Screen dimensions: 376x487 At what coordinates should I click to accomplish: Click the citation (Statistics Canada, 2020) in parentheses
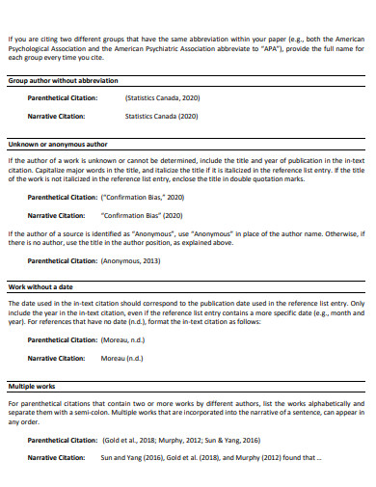162,98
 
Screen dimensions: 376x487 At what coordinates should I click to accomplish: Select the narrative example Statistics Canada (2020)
161,117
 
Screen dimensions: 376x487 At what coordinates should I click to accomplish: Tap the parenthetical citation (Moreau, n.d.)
132,339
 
